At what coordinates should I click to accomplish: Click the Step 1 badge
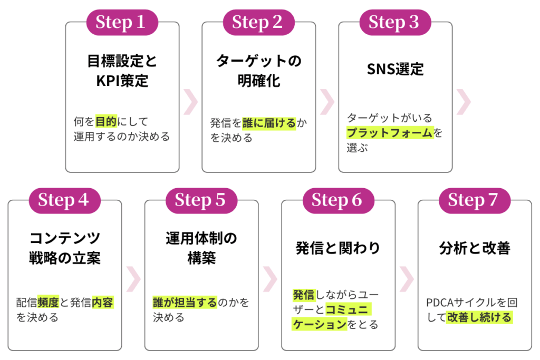tap(122, 22)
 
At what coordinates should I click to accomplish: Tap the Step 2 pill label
tap(258, 22)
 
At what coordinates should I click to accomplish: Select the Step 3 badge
tap(395, 22)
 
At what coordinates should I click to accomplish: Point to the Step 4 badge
tap(64, 200)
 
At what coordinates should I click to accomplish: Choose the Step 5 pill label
tap(201, 200)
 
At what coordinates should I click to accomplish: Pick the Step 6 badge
tap(338, 200)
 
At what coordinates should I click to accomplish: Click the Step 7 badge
tap(474, 200)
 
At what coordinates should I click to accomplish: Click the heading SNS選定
tap(395, 70)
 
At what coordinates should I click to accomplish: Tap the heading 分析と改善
tap(475, 248)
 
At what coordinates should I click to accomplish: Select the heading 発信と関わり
tap(338, 248)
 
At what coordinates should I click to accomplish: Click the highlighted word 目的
tap(105, 122)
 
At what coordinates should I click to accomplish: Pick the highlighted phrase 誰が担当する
tap(185, 303)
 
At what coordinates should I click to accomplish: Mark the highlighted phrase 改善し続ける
tap(479, 318)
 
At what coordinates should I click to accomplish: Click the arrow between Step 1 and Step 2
tap(190, 101)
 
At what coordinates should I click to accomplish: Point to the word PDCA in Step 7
tap(440, 303)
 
